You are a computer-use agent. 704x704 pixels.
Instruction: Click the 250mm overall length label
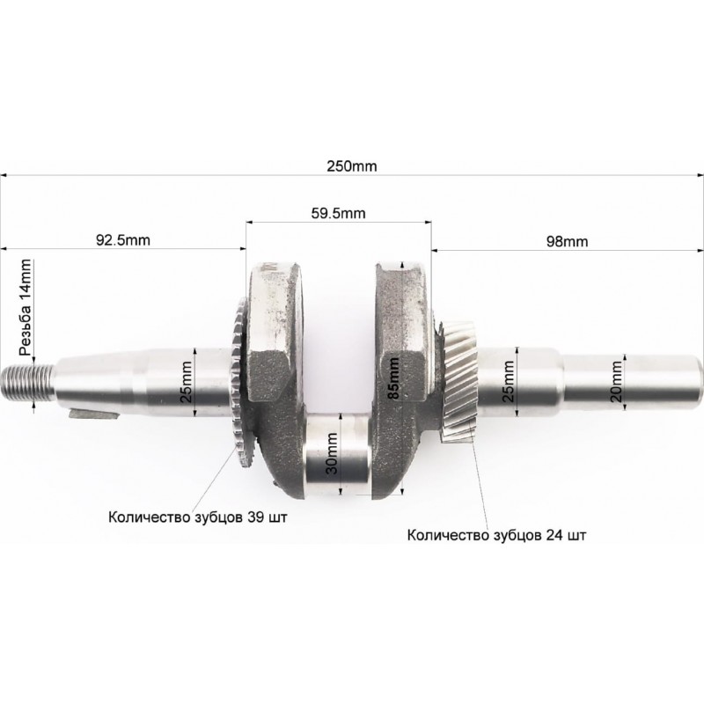[x=351, y=166]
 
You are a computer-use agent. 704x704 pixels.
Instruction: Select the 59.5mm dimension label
[x=338, y=213]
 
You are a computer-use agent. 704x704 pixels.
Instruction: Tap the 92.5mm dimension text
[x=123, y=240]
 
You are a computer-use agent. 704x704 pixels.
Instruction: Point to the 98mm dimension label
[x=567, y=241]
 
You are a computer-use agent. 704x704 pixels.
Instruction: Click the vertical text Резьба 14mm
[x=26, y=307]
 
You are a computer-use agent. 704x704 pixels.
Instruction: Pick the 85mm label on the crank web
[x=392, y=378]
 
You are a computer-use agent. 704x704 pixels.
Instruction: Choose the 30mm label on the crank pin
[x=333, y=453]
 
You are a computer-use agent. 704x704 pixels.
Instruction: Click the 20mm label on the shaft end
[x=617, y=382]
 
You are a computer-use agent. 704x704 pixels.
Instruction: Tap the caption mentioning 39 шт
[x=197, y=517]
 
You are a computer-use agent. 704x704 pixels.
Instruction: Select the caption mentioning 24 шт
[x=496, y=535]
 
